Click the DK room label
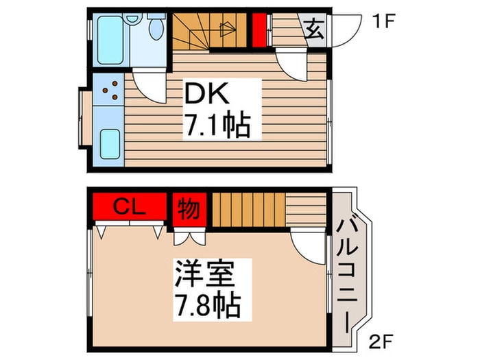point(206,93)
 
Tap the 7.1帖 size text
point(217,125)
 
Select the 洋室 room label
point(204,274)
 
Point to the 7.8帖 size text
point(207,305)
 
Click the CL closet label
point(129,207)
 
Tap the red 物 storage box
point(189,209)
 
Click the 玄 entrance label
point(315,30)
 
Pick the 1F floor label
point(383,21)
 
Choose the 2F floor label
point(381,341)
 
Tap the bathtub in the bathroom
point(110,40)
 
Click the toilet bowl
point(156,28)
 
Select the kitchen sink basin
point(110,144)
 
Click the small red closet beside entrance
point(259,30)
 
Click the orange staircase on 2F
point(248,210)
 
